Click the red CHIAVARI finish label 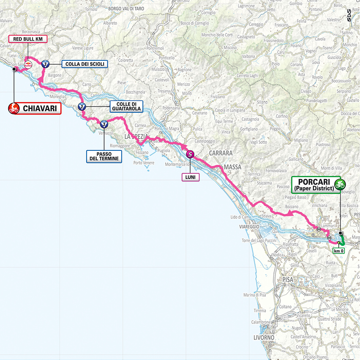40,109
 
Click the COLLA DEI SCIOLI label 85,64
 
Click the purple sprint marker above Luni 190,155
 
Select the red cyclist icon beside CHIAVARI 14,109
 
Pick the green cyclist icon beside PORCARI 339,184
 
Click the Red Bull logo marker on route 29,65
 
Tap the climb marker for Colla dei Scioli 46,64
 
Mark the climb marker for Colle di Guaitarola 82,106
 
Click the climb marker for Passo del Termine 104,124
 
